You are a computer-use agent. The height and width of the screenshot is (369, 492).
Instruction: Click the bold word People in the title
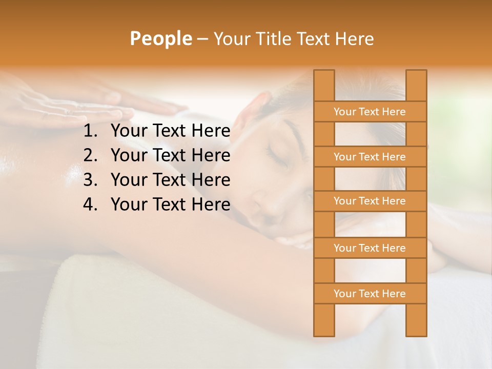tap(160, 38)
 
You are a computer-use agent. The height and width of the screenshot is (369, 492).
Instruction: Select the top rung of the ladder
tap(370, 112)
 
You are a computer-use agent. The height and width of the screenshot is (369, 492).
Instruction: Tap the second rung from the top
tap(370, 157)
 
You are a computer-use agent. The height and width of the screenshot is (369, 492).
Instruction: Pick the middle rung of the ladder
tap(370, 201)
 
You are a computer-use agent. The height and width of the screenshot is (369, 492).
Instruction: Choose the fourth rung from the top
tap(370, 248)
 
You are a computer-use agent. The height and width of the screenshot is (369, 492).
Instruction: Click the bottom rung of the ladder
tap(370, 294)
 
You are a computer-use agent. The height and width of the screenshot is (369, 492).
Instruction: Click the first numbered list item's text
tap(170, 131)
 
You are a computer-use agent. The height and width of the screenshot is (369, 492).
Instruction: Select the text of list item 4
tap(170, 204)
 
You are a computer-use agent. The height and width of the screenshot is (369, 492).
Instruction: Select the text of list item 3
tap(170, 180)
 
